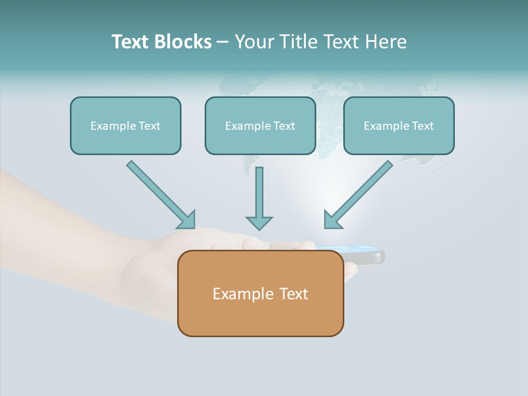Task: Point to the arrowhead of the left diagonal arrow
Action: (x=187, y=219)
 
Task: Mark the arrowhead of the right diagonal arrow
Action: (x=332, y=219)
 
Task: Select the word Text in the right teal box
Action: (x=422, y=126)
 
